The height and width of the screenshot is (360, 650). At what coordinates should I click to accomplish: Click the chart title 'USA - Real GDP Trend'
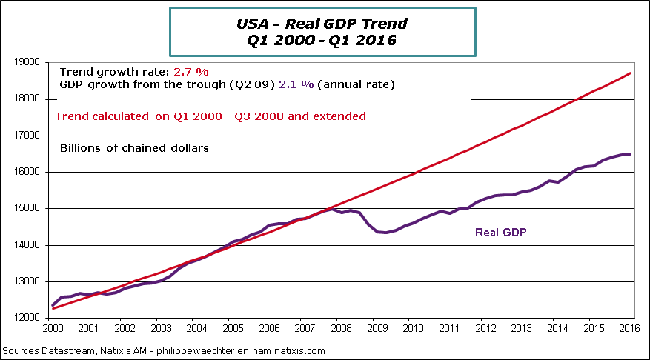tap(322, 24)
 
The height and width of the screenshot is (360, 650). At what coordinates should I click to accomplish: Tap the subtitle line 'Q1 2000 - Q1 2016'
tap(322, 40)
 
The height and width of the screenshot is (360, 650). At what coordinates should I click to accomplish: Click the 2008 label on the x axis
tap(339, 328)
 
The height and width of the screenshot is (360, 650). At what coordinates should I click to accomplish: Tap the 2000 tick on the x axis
tap(53, 328)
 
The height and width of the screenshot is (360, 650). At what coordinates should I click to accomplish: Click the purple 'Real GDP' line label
tap(500, 232)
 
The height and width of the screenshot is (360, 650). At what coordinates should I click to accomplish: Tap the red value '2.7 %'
tap(191, 72)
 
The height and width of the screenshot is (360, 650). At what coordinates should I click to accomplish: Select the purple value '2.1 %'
tap(298, 84)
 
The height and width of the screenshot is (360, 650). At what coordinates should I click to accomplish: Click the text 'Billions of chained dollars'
tap(134, 148)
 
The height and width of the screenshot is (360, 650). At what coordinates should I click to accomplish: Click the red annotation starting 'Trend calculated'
tap(211, 116)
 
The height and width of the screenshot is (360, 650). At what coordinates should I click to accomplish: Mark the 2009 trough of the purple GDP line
tap(385, 233)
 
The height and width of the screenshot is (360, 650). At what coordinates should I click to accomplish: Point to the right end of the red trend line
tap(631, 73)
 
